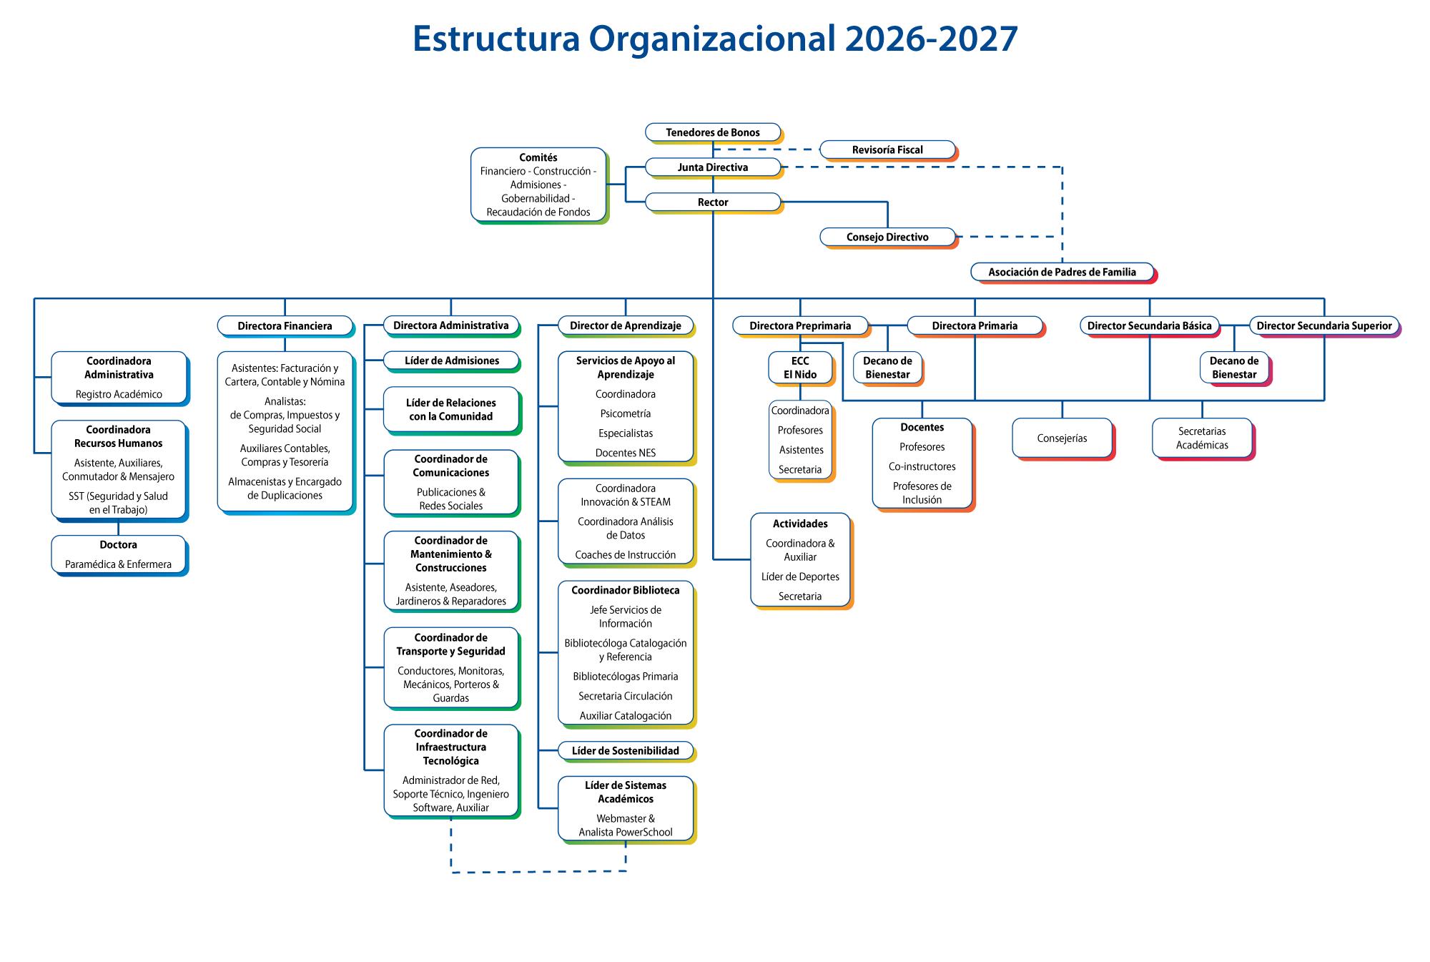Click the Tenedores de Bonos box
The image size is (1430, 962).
click(x=712, y=132)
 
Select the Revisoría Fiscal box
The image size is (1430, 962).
click(x=887, y=150)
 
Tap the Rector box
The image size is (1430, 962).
click(x=712, y=202)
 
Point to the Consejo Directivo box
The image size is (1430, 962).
click(x=887, y=237)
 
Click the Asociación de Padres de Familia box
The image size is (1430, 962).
click(x=1062, y=273)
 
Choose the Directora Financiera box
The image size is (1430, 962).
click(x=285, y=326)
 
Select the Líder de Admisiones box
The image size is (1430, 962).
click(x=451, y=361)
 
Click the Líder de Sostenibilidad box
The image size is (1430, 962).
click(x=625, y=751)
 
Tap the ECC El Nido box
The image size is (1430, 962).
click(x=800, y=368)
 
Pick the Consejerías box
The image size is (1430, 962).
click(x=1062, y=438)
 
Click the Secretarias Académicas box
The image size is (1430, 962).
click(x=1201, y=438)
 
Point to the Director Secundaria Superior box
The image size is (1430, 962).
click(x=1323, y=326)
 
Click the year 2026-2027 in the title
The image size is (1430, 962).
click(x=931, y=39)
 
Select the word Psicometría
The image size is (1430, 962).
click(x=625, y=414)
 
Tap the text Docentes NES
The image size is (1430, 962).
click(x=625, y=453)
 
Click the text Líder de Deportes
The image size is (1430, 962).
click(x=800, y=577)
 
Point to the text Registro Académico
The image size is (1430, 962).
click(x=119, y=395)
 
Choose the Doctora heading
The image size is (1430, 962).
click(x=118, y=545)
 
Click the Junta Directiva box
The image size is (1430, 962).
click(x=712, y=167)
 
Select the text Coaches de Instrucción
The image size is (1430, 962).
click(x=625, y=555)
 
